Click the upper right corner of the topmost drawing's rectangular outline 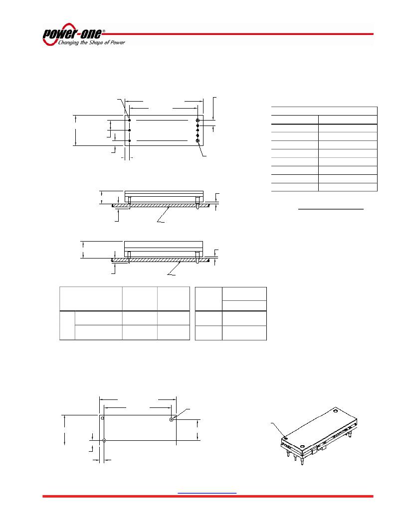pyautogui.click(x=203, y=116)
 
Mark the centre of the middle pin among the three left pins pyautogui.click(x=130, y=130)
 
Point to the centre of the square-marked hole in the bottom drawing pyautogui.click(x=172, y=419)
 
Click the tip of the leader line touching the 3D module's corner pyautogui.click(x=285, y=438)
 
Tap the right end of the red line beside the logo pyautogui.click(x=373, y=34)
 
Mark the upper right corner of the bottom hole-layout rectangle pyautogui.click(x=176, y=415)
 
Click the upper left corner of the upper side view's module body pyautogui.click(x=125, y=191)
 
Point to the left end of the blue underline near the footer pyautogui.click(x=178, y=493)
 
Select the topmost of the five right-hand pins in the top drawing pyautogui.click(x=198, y=120)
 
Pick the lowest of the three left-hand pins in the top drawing pyautogui.click(x=130, y=141)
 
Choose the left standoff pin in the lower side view pyautogui.click(x=129, y=257)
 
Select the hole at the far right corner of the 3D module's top pyautogui.click(x=336, y=411)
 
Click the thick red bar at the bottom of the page pyautogui.click(x=208, y=496)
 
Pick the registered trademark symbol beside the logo pyautogui.click(x=104, y=31)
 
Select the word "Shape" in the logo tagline pyautogui.click(x=96, y=42)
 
